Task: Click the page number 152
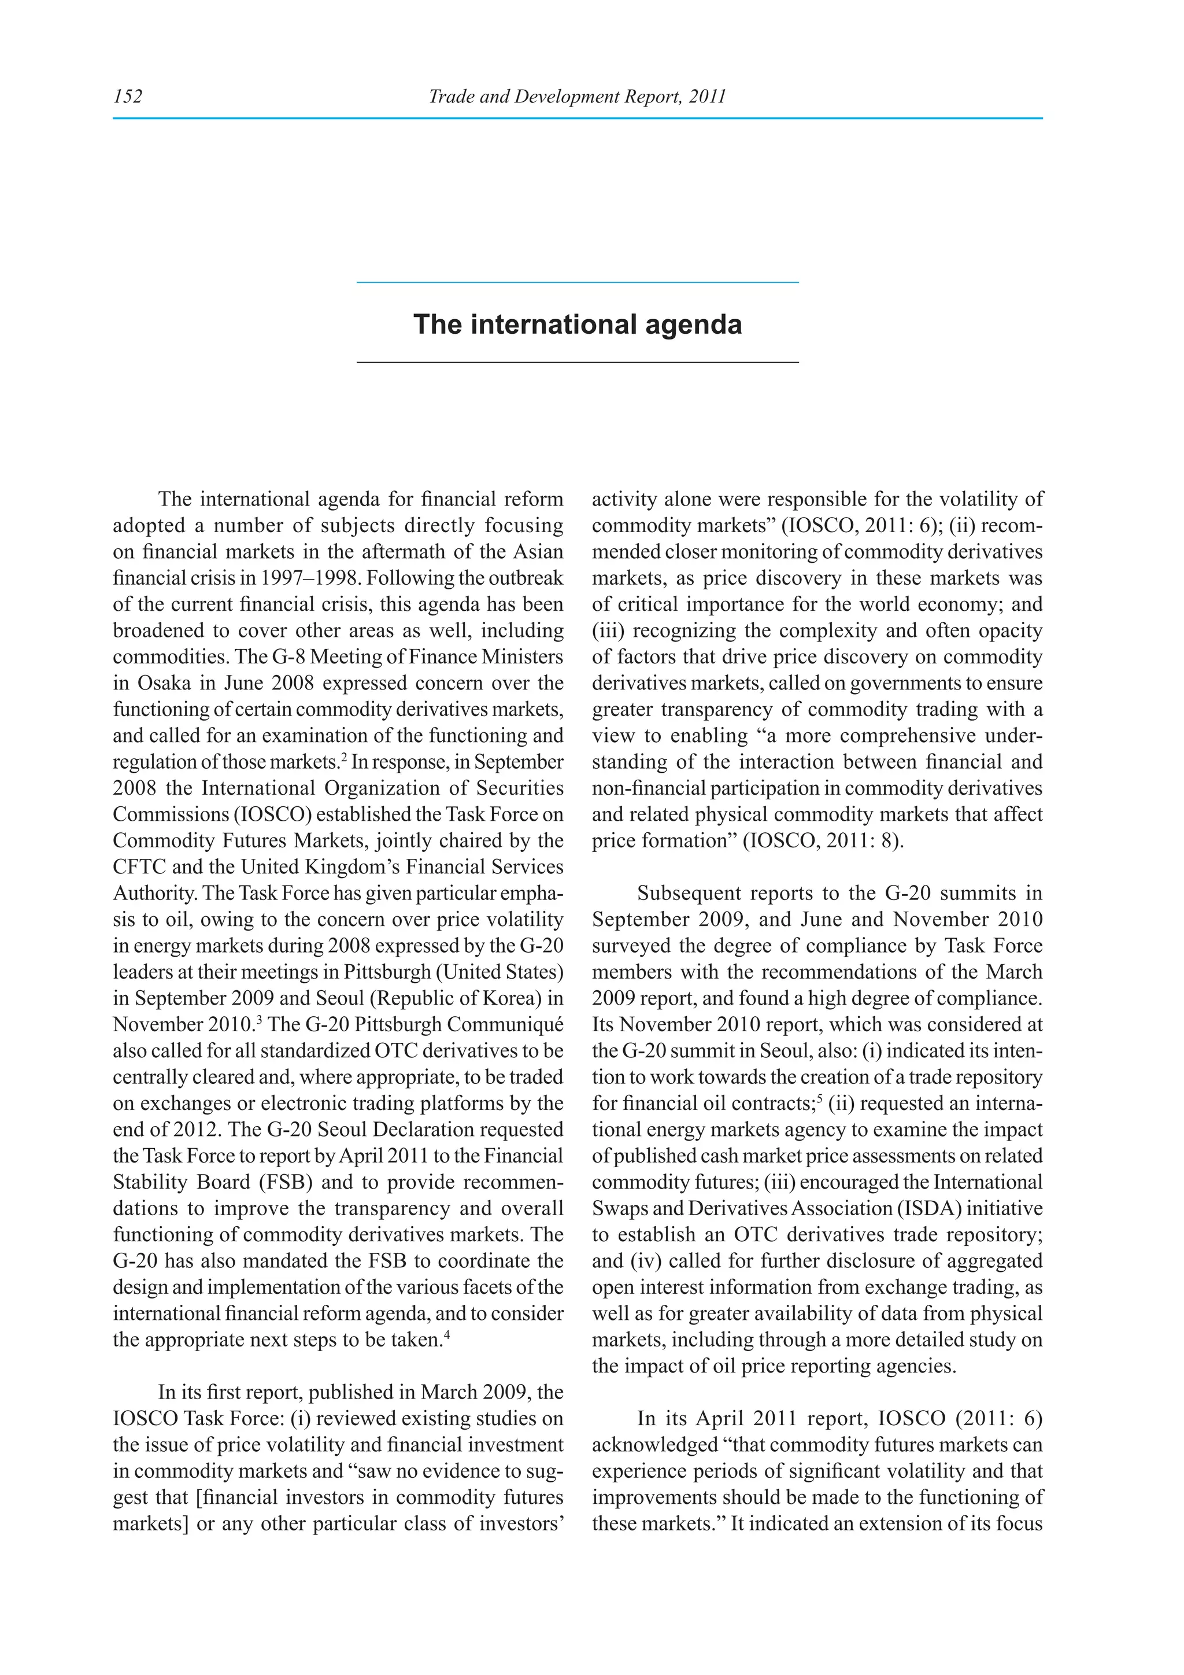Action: (128, 96)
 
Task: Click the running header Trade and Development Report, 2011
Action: (577, 96)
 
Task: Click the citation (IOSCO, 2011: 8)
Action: (823, 841)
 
